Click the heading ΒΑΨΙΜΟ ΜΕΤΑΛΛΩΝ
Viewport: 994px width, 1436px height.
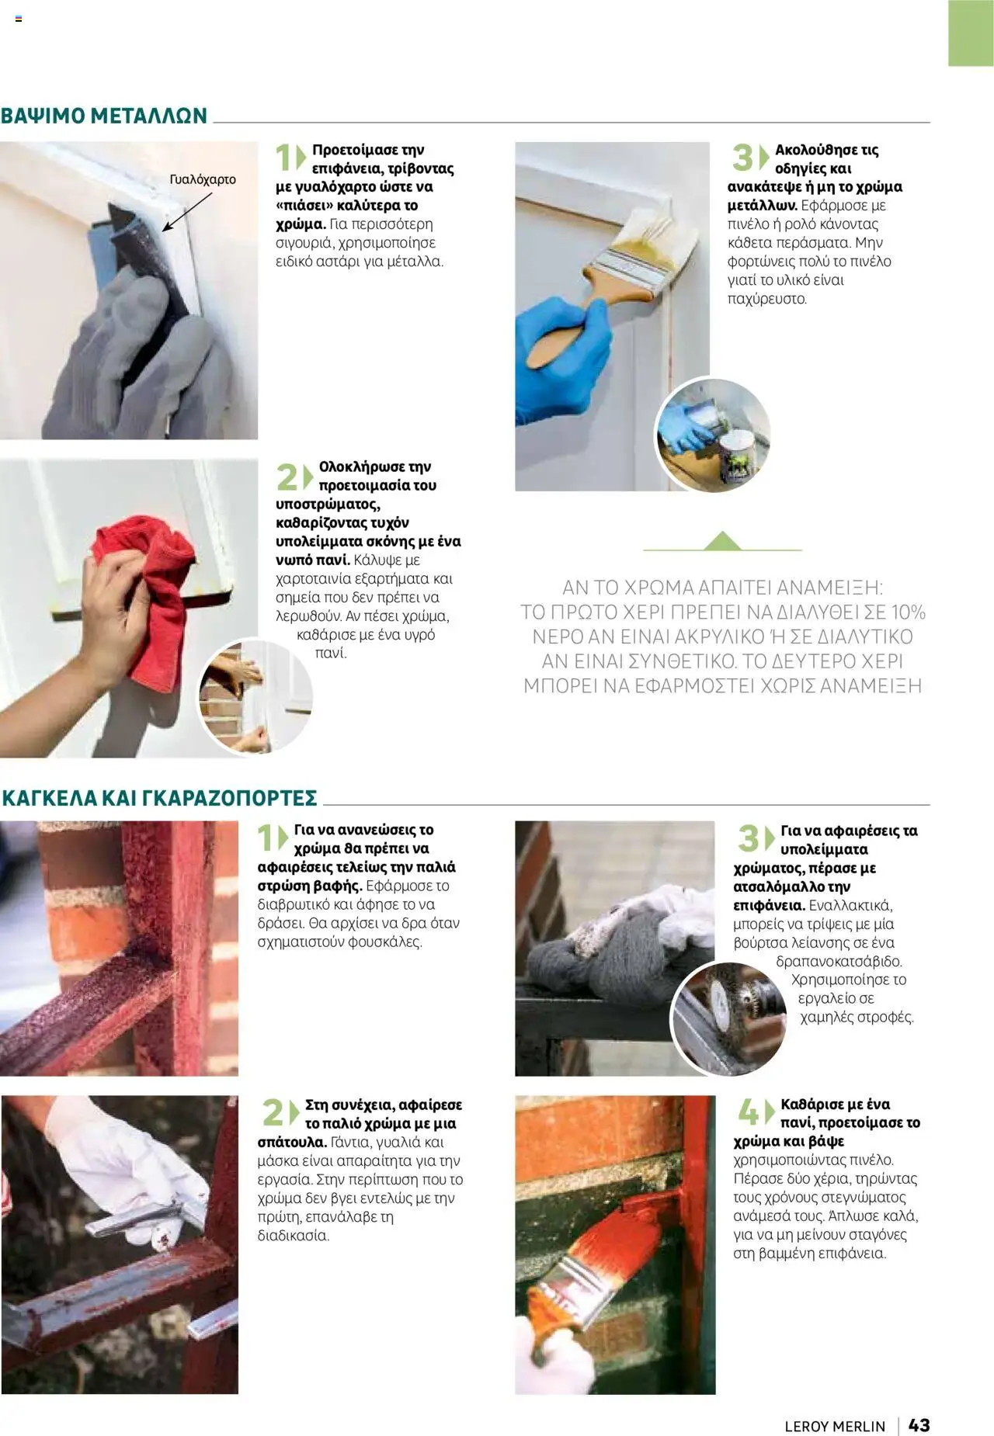pos(104,116)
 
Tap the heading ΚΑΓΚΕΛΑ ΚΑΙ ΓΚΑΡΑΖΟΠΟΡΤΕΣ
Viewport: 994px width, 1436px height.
pos(160,798)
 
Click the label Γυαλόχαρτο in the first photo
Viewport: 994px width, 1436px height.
pos(203,179)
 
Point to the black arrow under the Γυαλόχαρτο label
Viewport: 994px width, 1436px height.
pos(186,212)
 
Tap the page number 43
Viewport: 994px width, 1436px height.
pos(919,1425)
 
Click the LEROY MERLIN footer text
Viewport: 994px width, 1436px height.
pos(835,1426)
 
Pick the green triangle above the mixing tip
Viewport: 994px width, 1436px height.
pos(723,541)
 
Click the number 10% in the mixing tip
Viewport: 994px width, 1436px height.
pos(908,612)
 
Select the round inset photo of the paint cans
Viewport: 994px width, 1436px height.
pos(713,435)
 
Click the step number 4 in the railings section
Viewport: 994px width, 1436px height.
pos(747,1112)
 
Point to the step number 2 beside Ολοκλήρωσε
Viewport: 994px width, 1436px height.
pos(286,477)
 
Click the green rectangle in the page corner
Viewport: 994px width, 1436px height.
pos(971,33)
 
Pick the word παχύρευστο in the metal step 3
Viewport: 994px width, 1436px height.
pos(767,299)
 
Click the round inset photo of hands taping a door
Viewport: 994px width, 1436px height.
pos(255,695)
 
